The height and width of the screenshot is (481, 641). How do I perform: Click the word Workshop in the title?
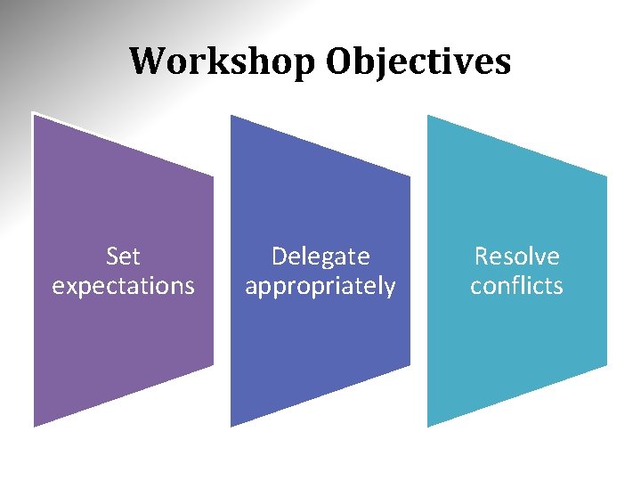pos(223,61)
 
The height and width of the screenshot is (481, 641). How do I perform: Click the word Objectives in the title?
pos(418,61)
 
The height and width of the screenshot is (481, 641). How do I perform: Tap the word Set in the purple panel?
pos(123,257)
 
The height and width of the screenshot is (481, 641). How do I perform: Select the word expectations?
pos(123,286)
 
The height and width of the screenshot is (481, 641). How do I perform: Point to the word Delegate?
pos(320,257)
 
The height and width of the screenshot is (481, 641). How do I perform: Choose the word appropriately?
pos(320,287)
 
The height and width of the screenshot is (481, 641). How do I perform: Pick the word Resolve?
pos(517,257)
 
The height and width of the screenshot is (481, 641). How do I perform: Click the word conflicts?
pos(517,286)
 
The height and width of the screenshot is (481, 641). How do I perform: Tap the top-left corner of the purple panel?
pos(34,114)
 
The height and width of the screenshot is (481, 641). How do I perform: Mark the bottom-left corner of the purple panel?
pos(34,427)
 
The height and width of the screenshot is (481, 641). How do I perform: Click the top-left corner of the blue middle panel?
pos(231,115)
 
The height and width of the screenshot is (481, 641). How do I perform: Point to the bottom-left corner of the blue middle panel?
pos(231,427)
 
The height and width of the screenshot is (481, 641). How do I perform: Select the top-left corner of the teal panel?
pos(427,115)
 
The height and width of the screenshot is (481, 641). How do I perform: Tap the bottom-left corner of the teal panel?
pos(427,427)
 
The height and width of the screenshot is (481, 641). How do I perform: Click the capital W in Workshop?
pos(147,61)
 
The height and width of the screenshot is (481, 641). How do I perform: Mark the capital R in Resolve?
pos(482,257)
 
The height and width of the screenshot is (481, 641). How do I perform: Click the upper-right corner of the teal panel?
pos(607,176)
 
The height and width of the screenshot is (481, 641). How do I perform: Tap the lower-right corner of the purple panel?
pos(214,365)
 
